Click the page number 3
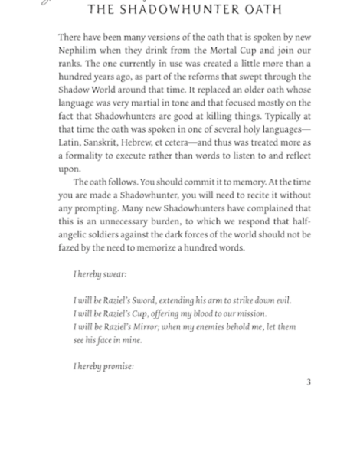click(309, 382)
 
